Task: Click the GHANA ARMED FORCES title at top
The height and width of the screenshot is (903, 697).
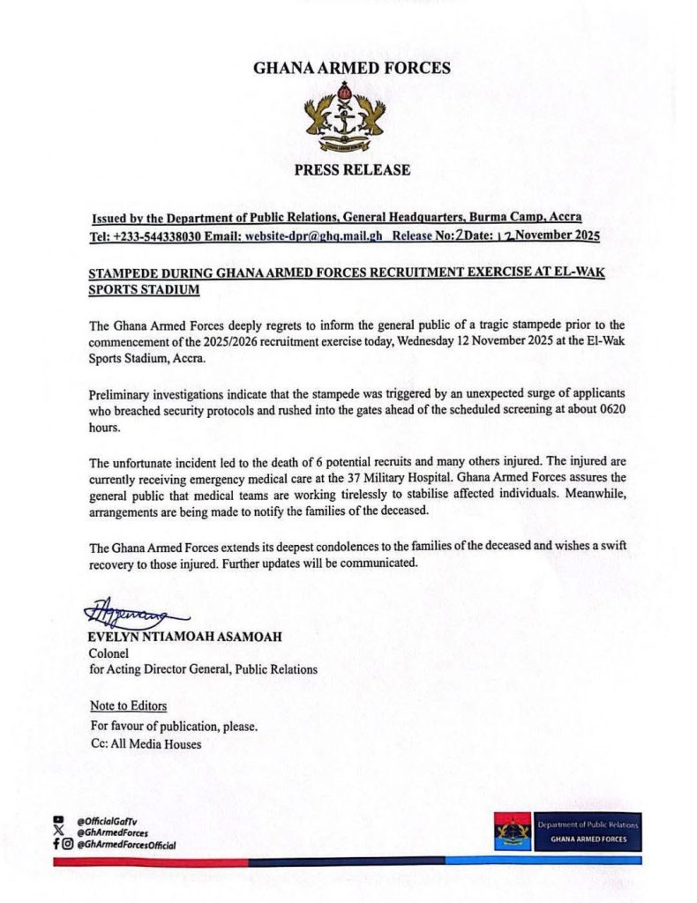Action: pos(351,68)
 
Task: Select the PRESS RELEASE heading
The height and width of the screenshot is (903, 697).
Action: pos(352,169)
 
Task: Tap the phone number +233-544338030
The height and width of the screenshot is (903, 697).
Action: pos(165,236)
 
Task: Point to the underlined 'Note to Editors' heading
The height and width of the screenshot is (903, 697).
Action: pos(128,706)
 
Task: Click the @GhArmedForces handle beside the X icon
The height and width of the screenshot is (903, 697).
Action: pos(112,832)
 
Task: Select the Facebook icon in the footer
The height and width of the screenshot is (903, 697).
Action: pos(56,844)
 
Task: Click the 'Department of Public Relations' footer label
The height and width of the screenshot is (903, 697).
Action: pos(588,825)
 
